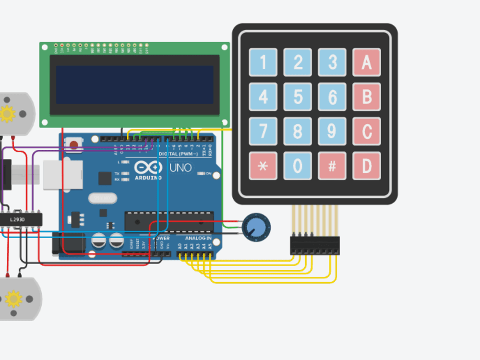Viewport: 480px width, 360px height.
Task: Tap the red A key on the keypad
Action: click(367, 62)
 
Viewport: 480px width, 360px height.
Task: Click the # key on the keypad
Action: click(332, 166)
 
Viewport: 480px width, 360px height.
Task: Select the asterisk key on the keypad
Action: click(263, 166)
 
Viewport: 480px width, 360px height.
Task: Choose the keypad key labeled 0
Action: click(298, 166)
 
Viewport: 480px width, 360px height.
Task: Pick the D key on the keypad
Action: click(367, 166)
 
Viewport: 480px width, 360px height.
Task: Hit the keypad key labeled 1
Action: click(263, 62)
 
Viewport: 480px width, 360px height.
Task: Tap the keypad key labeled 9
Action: click(332, 132)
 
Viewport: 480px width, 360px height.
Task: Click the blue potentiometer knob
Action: click(256, 227)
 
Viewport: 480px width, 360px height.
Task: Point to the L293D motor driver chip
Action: click(20, 220)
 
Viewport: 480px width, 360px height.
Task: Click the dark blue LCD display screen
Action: click(134, 85)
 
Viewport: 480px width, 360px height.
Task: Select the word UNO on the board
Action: click(180, 168)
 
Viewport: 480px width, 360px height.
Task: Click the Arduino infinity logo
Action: click(148, 168)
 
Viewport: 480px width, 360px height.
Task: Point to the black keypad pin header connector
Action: click(314, 245)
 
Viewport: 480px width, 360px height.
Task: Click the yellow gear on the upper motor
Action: click(8, 114)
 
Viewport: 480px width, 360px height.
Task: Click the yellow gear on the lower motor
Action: click(13, 299)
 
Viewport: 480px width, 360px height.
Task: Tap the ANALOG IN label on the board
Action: click(198, 239)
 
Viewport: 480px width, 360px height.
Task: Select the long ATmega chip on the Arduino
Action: click(169, 221)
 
